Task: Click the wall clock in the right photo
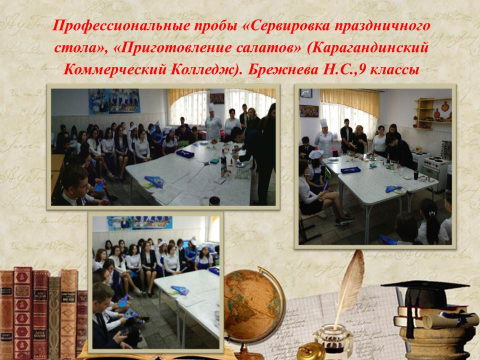click(x=306, y=93)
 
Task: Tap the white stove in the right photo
click(x=435, y=171)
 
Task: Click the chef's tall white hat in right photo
click(x=323, y=123)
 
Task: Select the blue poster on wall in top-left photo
click(x=114, y=101)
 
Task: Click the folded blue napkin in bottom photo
click(x=179, y=290)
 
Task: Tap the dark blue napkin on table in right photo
click(x=351, y=169)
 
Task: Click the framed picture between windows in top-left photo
click(x=216, y=98)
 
